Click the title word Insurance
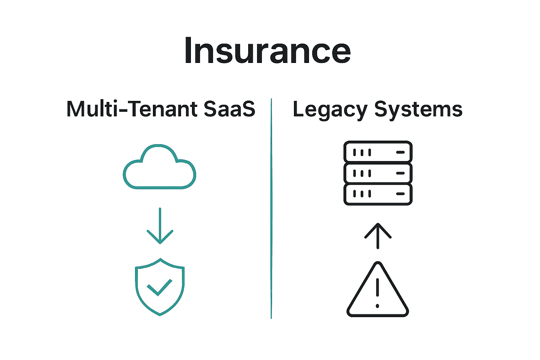point(268,51)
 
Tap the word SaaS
point(229,109)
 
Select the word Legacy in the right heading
point(330,110)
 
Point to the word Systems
point(418,110)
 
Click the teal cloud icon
point(159,167)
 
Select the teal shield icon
point(160,287)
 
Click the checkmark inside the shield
point(160,287)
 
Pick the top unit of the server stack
point(378,152)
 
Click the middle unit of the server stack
point(378,173)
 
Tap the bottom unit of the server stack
point(378,194)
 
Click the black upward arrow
point(378,236)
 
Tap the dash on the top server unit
point(400,152)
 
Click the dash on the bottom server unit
point(400,194)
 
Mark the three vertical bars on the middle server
point(362,173)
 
